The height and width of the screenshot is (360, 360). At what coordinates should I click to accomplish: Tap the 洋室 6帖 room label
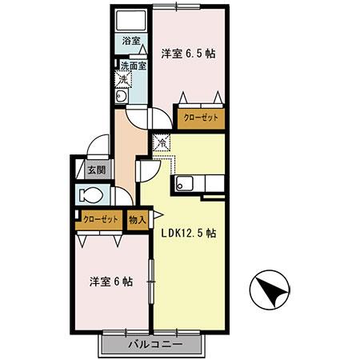110,282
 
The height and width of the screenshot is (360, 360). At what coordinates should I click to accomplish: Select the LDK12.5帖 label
189,234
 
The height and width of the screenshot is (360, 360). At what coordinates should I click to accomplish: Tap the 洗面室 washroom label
133,66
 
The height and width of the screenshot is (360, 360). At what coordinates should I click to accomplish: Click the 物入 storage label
138,218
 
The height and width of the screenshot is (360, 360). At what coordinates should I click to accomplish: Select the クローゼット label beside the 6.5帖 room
200,117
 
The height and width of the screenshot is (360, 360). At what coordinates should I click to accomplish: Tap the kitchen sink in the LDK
184,183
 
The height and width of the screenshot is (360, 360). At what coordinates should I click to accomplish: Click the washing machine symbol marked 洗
125,78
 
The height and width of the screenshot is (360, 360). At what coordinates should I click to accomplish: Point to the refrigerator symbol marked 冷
161,143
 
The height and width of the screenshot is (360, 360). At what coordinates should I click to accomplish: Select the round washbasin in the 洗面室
122,97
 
